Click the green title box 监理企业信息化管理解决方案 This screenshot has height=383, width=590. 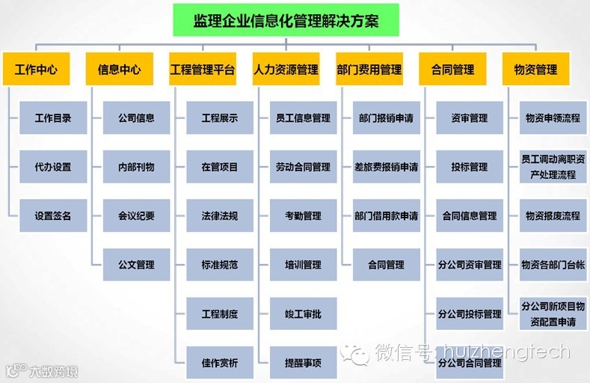[286, 20]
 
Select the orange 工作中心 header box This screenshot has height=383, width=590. [36, 70]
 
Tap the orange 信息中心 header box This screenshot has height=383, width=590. [119, 70]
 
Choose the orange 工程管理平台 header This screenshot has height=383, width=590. [203, 70]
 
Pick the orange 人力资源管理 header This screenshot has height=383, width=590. [286, 70]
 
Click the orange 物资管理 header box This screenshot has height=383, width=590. [535, 70]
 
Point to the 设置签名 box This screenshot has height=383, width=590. [53, 215]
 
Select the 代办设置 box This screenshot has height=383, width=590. [53, 167]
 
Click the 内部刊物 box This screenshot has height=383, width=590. [136, 167]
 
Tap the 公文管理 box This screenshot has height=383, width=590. [136, 264]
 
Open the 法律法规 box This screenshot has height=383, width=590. [220, 215]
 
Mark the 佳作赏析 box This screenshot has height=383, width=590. [220, 362]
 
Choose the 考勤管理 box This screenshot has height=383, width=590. [303, 215]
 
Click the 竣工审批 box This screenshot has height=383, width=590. [303, 313]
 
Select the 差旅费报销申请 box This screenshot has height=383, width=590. [386, 167]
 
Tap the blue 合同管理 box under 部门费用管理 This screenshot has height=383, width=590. [386, 264]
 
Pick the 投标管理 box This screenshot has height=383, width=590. [470, 167]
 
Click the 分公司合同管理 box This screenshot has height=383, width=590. [470, 363]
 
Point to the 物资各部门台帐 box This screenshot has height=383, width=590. [553, 264]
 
